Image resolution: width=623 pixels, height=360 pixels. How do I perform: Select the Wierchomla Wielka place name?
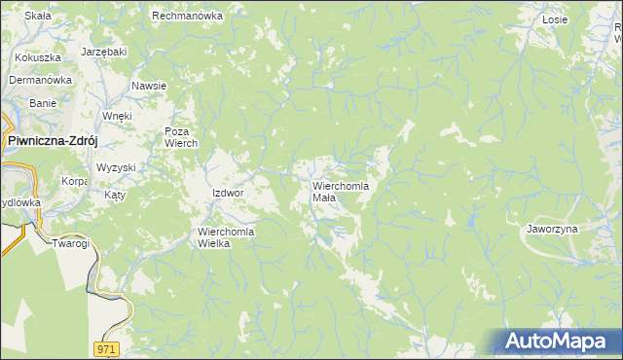tap(226, 237)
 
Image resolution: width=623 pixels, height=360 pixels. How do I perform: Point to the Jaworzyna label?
tap(552, 229)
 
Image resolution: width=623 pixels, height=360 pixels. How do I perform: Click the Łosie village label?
tap(555, 18)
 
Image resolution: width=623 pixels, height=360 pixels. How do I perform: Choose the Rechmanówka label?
tap(188, 16)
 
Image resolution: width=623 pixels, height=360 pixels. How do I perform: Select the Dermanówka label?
tap(42, 80)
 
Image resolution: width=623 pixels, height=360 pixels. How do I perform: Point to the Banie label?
tap(43, 102)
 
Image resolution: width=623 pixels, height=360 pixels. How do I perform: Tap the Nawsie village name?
tap(149, 86)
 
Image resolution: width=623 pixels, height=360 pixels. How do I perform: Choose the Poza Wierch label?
tap(181, 137)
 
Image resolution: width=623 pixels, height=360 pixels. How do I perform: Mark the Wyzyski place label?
tap(116, 167)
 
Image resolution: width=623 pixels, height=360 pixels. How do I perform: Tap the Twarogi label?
tap(70, 243)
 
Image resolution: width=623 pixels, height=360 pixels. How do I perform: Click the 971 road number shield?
tap(108, 347)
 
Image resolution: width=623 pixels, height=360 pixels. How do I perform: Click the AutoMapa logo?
tap(555, 342)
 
